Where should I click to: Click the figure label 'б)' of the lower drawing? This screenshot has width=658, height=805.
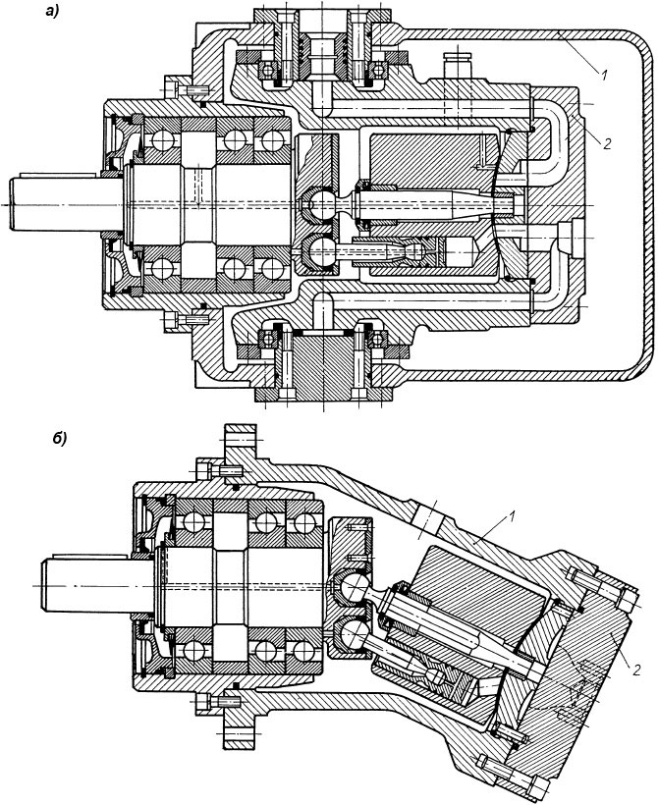(x=60, y=439)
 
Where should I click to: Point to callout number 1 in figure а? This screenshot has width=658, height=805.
(x=605, y=75)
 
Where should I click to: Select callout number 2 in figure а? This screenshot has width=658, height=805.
(x=607, y=144)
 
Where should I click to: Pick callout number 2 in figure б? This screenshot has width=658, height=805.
(x=636, y=670)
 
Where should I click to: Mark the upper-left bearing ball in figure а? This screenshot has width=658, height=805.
(x=162, y=140)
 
